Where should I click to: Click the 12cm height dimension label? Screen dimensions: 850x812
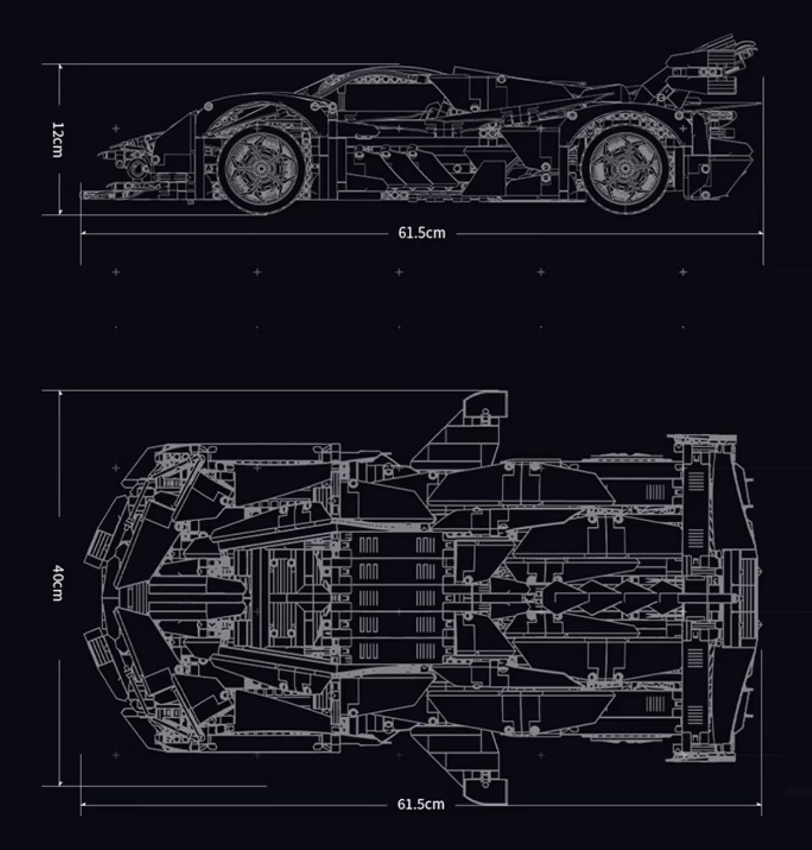[x=57, y=140]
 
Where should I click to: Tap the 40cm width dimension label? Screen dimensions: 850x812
[x=57, y=583]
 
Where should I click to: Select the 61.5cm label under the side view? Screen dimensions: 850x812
[x=421, y=233]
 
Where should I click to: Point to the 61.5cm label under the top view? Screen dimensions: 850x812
[x=421, y=804]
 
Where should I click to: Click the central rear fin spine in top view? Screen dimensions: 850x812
[x=608, y=597]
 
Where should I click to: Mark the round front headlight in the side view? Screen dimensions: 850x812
[x=137, y=168]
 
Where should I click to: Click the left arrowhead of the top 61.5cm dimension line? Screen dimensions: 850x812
[x=83, y=233]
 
